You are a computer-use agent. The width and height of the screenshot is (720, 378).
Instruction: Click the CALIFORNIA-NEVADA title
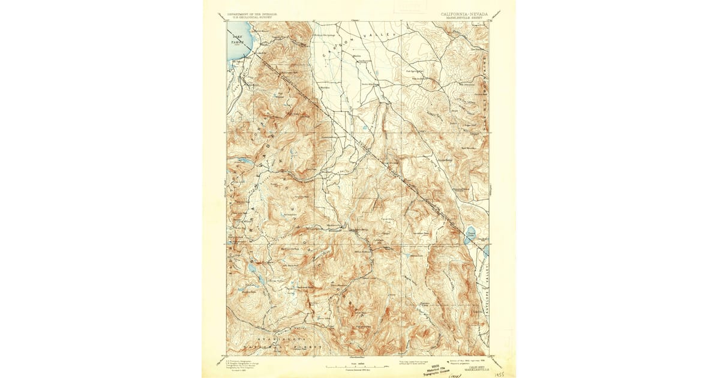pyautogui.click(x=464, y=13)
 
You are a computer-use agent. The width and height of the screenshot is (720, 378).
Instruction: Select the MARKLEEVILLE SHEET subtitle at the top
pyautogui.click(x=464, y=18)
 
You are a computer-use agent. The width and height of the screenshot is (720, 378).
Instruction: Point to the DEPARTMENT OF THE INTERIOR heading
pyautogui.click(x=253, y=13)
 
